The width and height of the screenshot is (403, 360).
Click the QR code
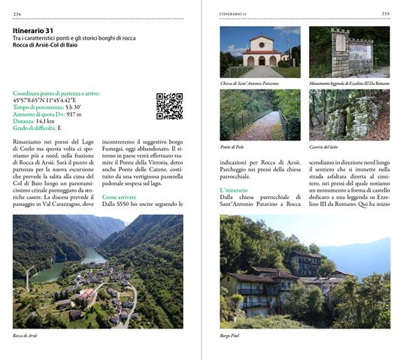169,106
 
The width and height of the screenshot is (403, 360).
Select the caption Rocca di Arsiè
26,336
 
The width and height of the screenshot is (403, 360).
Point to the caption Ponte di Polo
232,147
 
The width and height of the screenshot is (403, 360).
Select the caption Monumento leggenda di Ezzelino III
348,83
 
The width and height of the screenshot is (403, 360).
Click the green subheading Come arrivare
120,196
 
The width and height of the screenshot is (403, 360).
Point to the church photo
259,52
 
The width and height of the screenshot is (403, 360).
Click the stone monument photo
349,52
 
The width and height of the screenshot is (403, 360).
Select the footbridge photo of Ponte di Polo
259,115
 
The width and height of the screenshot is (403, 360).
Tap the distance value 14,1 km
44,120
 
